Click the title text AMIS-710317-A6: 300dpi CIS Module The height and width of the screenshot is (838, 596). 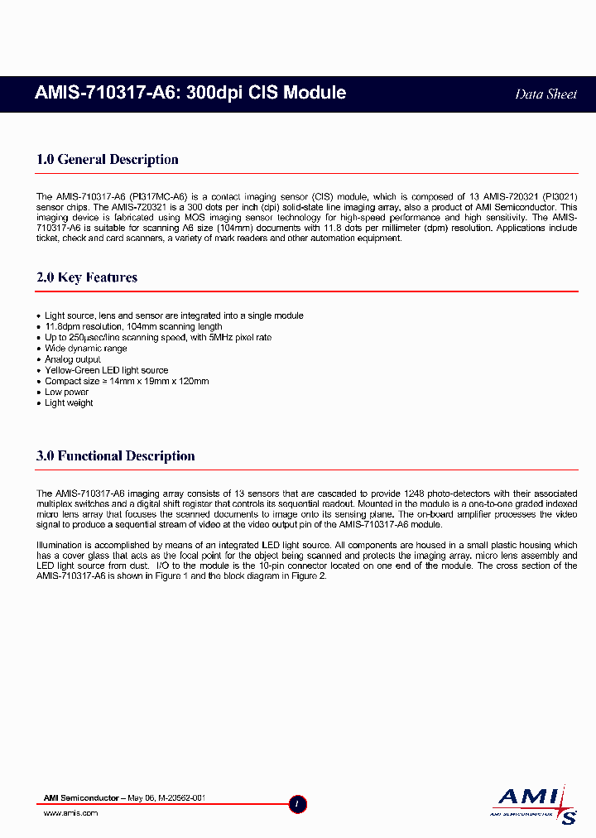pos(190,93)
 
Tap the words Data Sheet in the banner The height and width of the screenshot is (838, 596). pos(546,94)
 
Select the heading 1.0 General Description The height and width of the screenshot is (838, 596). pos(108,160)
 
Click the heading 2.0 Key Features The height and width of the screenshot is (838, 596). pos(87,277)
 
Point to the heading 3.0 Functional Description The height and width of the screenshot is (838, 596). pos(116,456)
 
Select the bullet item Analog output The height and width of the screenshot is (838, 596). pos(73,359)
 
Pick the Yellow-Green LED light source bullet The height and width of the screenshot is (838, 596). pos(106,370)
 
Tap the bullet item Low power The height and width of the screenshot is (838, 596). pos(66,392)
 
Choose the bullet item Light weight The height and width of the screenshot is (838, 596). pos(69,403)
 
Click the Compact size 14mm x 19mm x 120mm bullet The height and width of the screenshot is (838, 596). pos(127,381)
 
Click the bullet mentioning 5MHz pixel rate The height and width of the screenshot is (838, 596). pos(157,337)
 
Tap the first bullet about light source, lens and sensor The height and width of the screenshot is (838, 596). pos(174,315)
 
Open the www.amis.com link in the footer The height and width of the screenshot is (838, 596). pos(70,813)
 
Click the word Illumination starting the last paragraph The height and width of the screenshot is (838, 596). pos(59,545)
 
